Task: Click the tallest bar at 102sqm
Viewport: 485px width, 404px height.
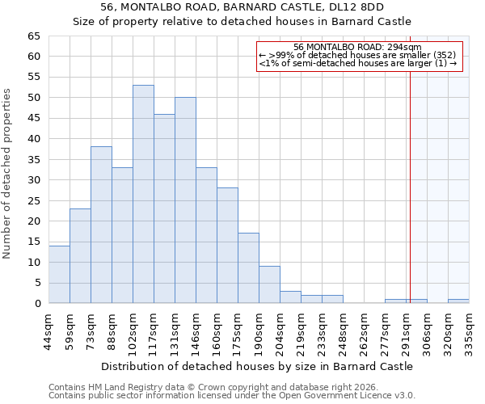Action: click(x=143, y=194)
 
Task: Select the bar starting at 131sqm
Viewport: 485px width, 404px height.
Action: click(x=185, y=200)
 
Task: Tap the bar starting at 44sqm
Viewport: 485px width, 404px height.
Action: click(x=59, y=275)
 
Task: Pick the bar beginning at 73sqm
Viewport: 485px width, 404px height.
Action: click(x=101, y=225)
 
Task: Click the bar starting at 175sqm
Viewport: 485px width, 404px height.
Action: click(x=248, y=268)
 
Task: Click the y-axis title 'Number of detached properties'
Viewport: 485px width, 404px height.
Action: click(x=7, y=174)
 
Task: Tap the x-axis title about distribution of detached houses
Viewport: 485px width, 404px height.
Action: click(x=257, y=366)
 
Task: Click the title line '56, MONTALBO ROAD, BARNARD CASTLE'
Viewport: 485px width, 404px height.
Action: click(x=242, y=6)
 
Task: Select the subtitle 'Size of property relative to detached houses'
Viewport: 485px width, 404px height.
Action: click(x=242, y=21)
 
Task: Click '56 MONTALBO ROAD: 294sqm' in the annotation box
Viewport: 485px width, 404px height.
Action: click(x=357, y=48)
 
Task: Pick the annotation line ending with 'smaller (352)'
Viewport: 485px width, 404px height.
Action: click(x=357, y=56)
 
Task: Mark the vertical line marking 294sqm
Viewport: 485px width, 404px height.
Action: click(x=410, y=186)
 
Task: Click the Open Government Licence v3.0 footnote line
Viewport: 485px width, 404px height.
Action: click(x=232, y=396)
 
